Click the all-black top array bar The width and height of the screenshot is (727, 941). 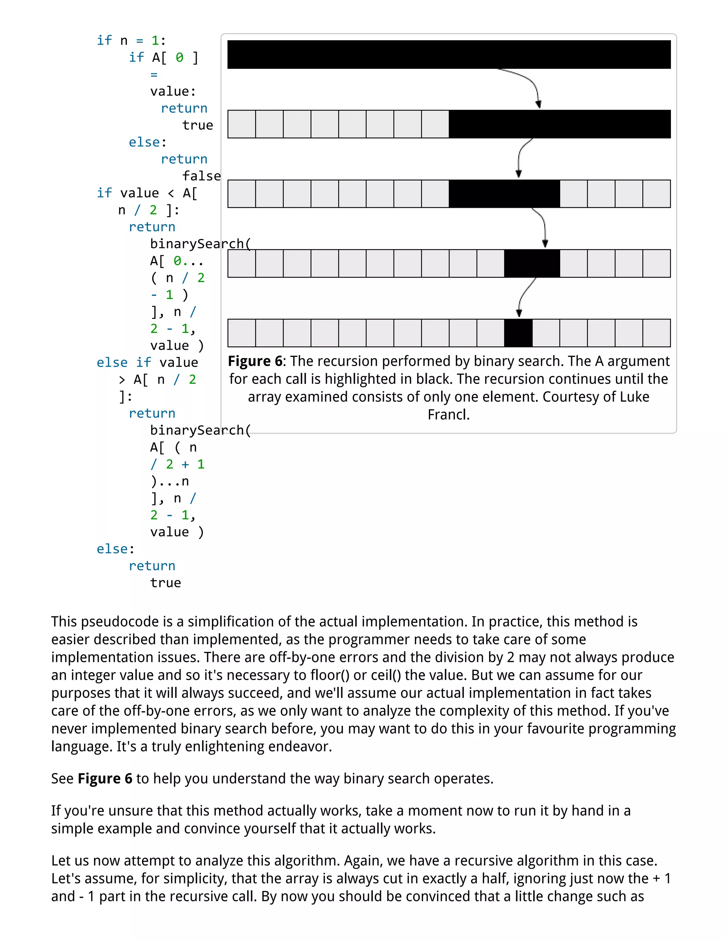(449, 55)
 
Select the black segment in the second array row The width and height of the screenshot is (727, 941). (559, 124)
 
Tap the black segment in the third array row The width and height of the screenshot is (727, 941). (504, 194)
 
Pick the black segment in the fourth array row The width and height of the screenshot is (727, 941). (531, 263)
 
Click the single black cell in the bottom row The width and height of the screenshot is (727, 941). (518, 333)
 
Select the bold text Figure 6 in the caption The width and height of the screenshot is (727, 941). (255, 361)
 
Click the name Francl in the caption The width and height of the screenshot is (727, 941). (448, 414)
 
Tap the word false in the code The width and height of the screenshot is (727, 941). (201, 176)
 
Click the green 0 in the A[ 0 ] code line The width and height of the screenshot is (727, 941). (179, 57)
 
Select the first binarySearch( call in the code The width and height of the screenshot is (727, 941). (200, 244)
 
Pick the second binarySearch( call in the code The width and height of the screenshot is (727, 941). (200, 430)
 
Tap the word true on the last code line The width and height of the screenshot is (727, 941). (165, 583)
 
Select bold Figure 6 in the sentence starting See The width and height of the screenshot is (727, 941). (105, 779)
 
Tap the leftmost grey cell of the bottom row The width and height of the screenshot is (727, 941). (242, 333)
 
